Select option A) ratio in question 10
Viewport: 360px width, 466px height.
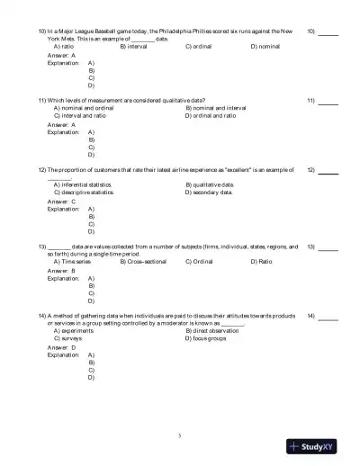coord(64,45)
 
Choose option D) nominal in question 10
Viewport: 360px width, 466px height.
coord(265,45)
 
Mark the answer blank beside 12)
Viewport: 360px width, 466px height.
coord(328,171)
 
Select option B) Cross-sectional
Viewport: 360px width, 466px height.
coord(143,261)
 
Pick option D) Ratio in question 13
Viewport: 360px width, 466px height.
coord(262,261)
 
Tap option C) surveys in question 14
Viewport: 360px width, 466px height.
coord(67,337)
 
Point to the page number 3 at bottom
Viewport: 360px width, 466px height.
coord(180,436)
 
